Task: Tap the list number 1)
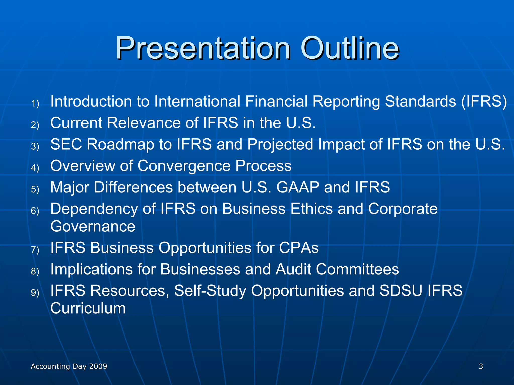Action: point(35,103)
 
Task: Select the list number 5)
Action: point(35,189)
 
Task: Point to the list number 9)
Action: point(35,293)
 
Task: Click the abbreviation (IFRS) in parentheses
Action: point(484,102)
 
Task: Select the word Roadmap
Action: point(120,145)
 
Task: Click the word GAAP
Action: point(298,187)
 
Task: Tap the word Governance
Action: point(93,226)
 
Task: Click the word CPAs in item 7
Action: point(299,248)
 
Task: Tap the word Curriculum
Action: point(88,308)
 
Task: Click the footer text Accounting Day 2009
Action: point(69,366)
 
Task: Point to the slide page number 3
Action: point(481,366)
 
